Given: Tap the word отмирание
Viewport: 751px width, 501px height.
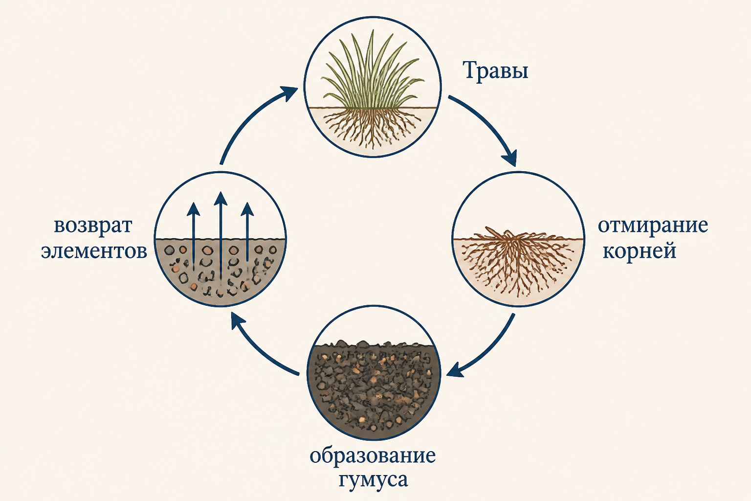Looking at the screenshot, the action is point(653,226).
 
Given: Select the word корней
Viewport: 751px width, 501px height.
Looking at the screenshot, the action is point(640,250).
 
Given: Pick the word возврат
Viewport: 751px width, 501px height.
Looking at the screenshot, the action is point(93,227).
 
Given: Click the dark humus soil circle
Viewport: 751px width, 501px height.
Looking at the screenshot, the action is point(374,372).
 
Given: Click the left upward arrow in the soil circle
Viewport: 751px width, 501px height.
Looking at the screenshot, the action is point(194,235).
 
